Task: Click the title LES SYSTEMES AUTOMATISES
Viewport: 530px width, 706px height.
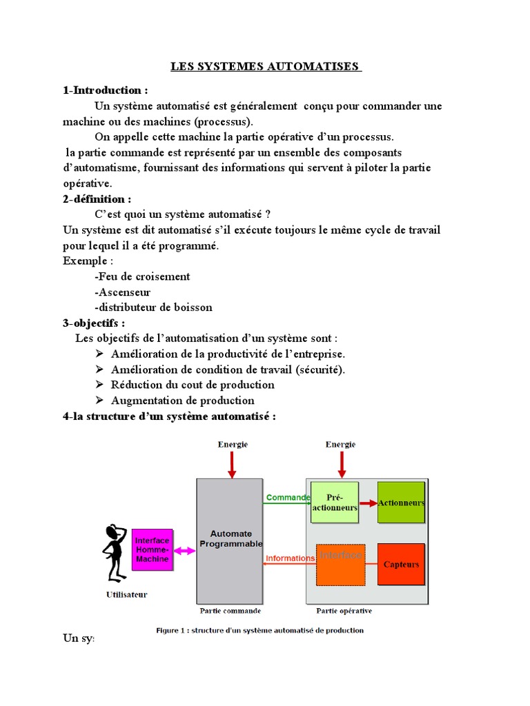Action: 266,67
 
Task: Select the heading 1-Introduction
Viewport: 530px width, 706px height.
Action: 105,90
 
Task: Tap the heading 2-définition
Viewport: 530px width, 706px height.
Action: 97,199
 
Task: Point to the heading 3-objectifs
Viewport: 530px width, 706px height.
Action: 94,323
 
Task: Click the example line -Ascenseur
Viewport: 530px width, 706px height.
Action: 122,292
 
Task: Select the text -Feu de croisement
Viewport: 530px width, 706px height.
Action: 142,276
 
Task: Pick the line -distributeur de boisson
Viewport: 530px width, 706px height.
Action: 153,307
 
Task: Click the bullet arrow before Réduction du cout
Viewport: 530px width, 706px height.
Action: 98,385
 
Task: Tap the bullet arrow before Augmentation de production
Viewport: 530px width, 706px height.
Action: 98,401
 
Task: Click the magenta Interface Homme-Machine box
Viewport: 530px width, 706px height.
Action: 152,549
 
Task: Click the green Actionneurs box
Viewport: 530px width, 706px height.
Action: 401,503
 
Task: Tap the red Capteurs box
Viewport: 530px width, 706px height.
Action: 401,564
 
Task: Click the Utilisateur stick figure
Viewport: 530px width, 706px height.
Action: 113,552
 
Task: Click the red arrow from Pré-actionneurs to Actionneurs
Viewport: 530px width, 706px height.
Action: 367,503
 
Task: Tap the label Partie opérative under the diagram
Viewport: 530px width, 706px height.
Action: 344,610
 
